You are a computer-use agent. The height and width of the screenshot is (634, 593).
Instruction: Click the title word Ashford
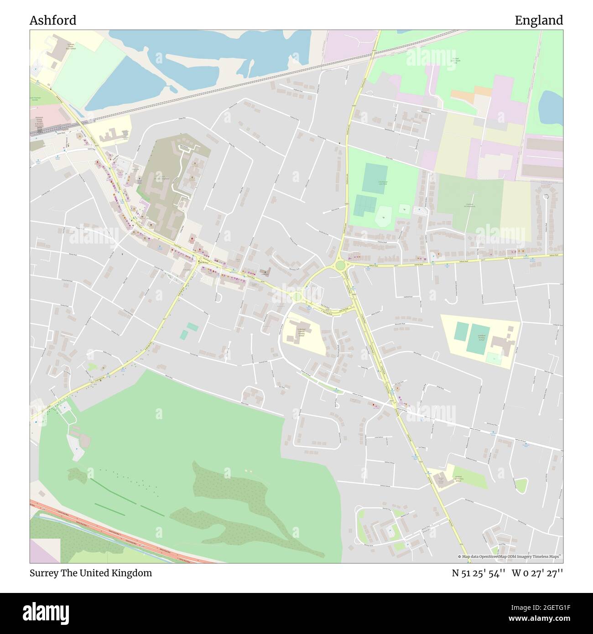point(53,21)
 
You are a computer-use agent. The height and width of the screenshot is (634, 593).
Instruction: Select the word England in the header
point(539,21)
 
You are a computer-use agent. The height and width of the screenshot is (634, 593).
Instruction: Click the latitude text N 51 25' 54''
point(479,573)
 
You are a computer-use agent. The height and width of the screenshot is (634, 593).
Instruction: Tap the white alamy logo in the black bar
point(47,612)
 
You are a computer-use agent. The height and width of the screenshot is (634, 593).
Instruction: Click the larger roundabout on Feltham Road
point(340,265)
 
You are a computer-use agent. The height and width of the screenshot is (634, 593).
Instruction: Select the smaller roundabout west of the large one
point(297,297)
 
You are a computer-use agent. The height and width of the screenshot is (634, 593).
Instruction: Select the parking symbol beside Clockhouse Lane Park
point(415,210)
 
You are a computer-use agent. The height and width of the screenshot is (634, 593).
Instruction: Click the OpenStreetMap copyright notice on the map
point(510,556)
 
